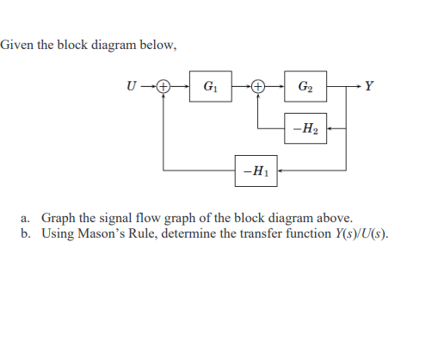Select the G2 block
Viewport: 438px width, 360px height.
(x=305, y=86)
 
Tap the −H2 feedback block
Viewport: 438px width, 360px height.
(x=305, y=129)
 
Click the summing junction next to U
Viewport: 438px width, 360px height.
(x=163, y=86)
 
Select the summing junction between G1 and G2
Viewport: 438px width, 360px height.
(x=257, y=86)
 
